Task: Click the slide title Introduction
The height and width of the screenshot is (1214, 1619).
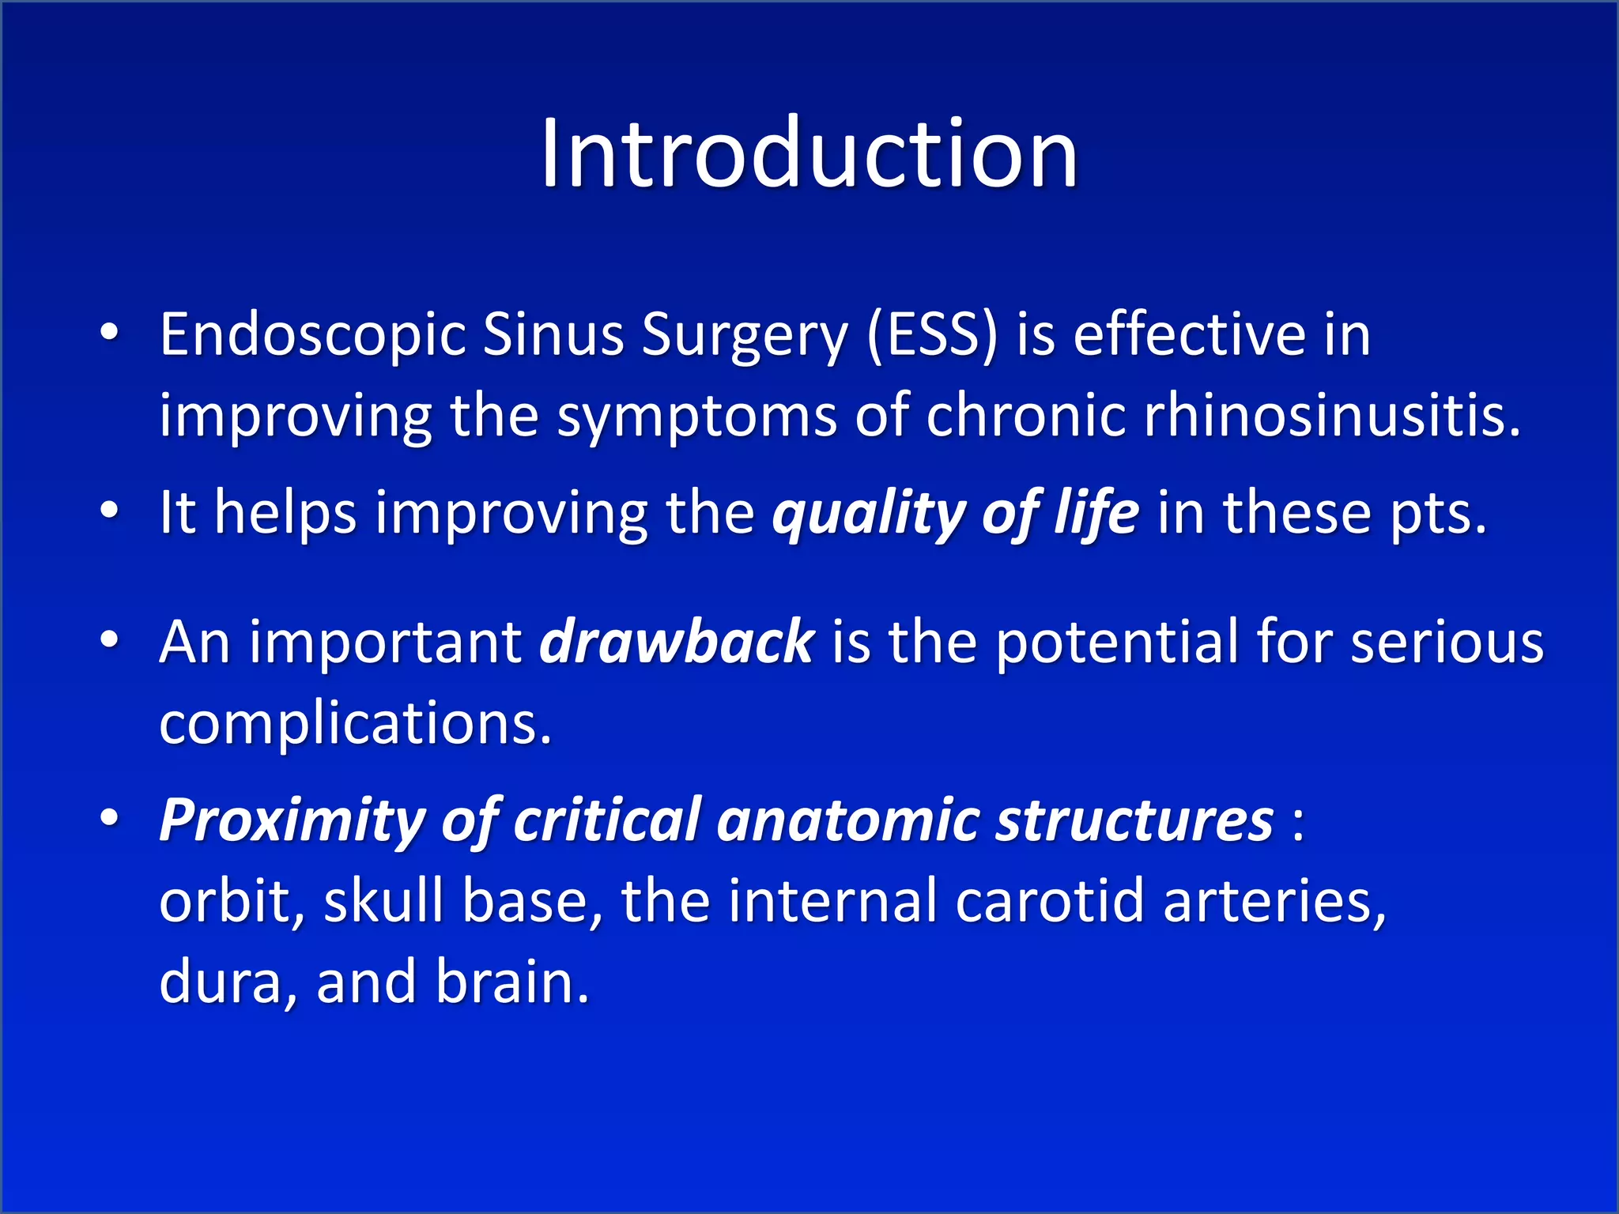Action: [809, 154]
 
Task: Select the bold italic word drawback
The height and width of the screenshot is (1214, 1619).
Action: [676, 642]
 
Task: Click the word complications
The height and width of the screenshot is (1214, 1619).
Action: [355, 723]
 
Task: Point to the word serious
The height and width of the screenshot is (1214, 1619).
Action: [1447, 642]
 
